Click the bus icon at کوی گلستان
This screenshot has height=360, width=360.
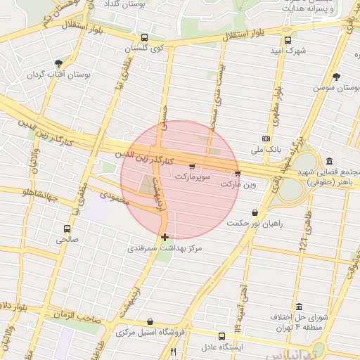(x=144, y=37)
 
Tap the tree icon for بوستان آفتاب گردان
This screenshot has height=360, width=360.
(x=68, y=63)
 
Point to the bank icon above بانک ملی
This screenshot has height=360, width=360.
(x=266, y=139)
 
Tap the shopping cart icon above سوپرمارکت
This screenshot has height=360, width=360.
(x=192, y=167)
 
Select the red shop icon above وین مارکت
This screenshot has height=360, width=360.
(x=237, y=173)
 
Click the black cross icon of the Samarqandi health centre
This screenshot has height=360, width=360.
(x=165, y=238)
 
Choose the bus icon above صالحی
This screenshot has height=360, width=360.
(x=67, y=229)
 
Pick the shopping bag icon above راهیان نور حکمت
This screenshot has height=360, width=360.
(x=254, y=212)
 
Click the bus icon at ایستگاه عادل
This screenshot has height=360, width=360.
(x=222, y=337)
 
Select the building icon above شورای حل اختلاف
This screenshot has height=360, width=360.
(x=300, y=308)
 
